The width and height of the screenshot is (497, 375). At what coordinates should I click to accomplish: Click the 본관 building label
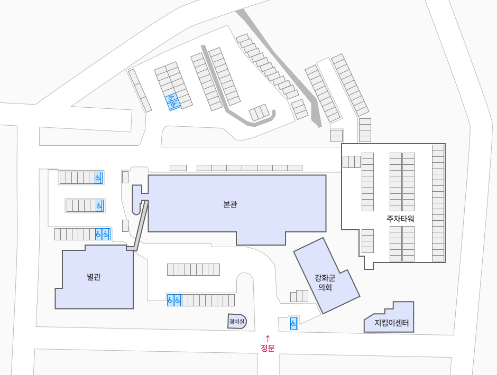(x=230, y=204)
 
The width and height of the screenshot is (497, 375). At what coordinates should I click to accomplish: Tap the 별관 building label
(x=94, y=277)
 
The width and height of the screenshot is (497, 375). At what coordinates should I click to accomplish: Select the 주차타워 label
(x=400, y=219)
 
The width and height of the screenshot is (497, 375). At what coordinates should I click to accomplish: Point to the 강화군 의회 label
(x=325, y=283)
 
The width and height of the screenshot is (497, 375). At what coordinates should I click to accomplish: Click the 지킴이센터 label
(x=391, y=323)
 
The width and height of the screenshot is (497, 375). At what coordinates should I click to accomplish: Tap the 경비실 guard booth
(x=237, y=322)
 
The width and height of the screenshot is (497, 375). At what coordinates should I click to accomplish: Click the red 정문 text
(x=268, y=348)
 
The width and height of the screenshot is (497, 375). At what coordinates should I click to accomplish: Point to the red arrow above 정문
(x=268, y=339)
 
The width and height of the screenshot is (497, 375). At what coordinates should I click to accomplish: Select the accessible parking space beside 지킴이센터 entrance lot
(x=294, y=323)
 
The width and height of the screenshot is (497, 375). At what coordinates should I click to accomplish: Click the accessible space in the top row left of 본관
(x=98, y=177)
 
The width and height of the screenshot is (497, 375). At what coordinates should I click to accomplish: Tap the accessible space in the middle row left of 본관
(x=99, y=206)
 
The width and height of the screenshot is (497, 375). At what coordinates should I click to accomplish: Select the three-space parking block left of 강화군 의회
(x=299, y=296)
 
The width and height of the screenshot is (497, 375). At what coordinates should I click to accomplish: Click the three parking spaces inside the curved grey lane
(x=259, y=112)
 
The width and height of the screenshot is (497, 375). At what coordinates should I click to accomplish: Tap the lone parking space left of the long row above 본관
(x=178, y=168)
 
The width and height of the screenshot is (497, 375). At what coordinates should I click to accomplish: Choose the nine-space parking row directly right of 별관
(x=194, y=269)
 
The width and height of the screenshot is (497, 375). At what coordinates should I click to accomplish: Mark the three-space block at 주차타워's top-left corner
(x=352, y=162)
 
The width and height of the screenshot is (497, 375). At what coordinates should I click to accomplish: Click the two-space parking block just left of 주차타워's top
(x=336, y=136)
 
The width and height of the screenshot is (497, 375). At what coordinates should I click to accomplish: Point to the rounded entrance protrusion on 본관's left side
(x=137, y=200)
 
